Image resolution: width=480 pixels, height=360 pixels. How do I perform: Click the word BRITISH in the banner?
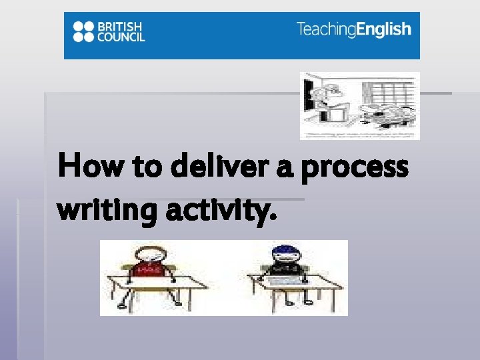[x=121, y=26]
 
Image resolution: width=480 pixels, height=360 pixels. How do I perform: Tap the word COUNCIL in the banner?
[x=121, y=37]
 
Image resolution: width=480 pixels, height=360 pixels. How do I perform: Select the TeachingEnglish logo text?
[x=353, y=29]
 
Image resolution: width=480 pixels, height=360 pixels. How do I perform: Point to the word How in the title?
[x=84, y=166]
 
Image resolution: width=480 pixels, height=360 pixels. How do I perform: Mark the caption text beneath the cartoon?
[x=359, y=135]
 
